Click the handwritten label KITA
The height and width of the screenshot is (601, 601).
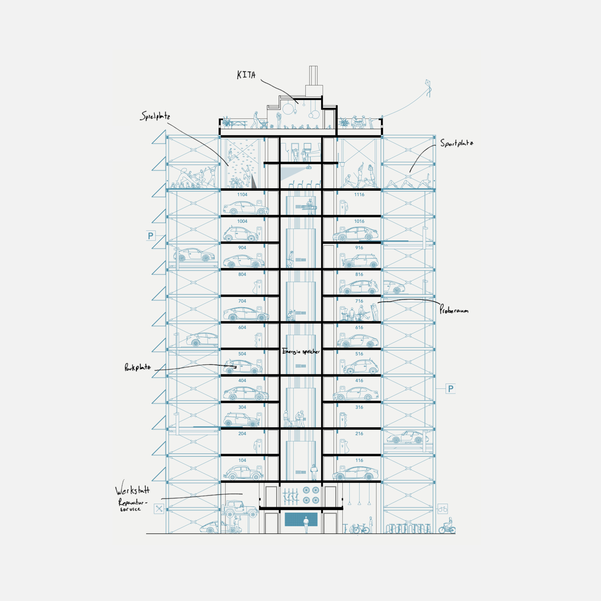(x=246, y=75)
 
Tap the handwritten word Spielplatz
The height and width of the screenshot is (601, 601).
(x=155, y=116)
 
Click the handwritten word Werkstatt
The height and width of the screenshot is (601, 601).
(x=132, y=491)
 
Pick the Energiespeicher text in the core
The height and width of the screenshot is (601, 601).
(x=301, y=351)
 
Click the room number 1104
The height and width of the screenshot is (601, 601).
(x=242, y=195)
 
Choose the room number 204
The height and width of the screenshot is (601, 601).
(x=242, y=434)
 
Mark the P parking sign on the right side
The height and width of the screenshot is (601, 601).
(x=451, y=388)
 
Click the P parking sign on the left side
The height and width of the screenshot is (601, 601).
(x=151, y=236)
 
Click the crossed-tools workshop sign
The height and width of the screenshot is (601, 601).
(x=159, y=509)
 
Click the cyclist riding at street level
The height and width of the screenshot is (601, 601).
(x=448, y=526)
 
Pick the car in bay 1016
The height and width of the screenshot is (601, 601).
(x=356, y=234)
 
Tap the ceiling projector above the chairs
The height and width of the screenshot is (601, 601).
(x=309, y=168)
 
